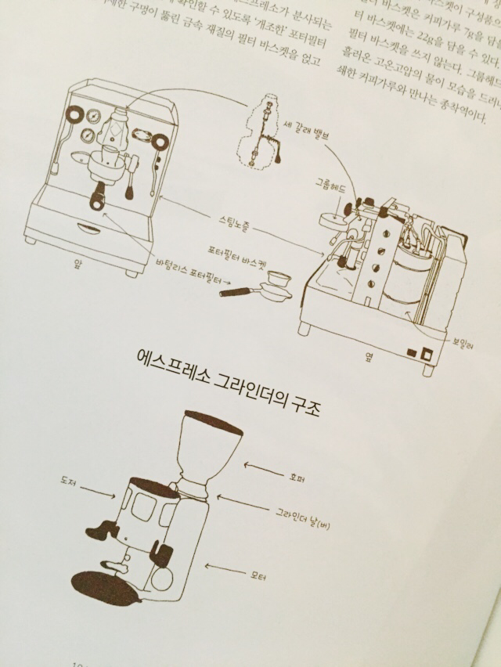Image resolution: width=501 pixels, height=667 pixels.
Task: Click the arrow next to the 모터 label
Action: pyautogui.click(x=222, y=569)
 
